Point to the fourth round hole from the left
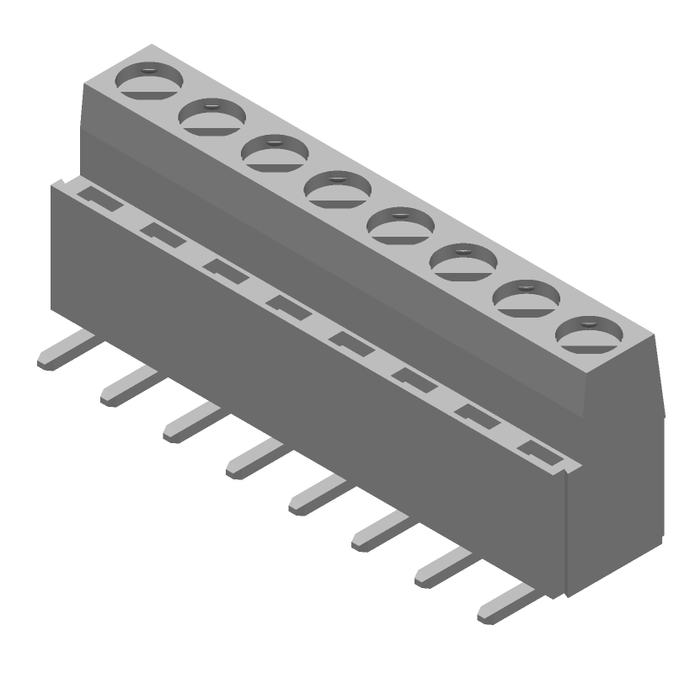coord(338,189)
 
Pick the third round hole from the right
coord(463,261)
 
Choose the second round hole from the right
coord(527,297)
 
